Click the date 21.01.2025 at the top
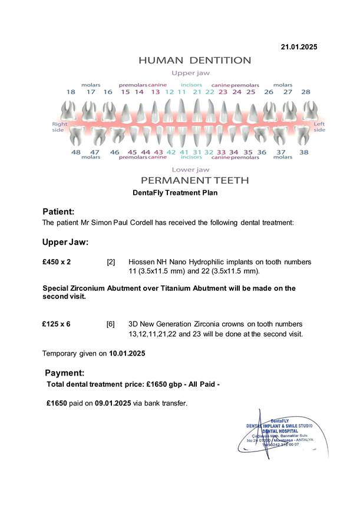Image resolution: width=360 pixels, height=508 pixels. [x=299, y=47]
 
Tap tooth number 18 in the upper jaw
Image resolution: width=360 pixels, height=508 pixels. [x=71, y=92]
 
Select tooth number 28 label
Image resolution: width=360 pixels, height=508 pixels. [x=305, y=92]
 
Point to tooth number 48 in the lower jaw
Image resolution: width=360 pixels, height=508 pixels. [x=76, y=152]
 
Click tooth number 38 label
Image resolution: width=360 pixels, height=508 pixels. [x=303, y=152]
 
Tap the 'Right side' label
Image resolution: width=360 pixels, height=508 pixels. [x=60, y=127]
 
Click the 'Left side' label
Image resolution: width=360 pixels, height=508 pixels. [x=319, y=127]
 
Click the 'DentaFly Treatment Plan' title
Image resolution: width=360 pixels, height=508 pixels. [x=176, y=192]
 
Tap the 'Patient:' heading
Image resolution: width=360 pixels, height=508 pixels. [x=58, y=211]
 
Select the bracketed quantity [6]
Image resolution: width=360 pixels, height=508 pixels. [x=110, y=324]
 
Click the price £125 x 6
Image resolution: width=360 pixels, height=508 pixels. [x=57, y=324]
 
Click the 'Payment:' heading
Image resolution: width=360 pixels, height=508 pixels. [x=65, y=373]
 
